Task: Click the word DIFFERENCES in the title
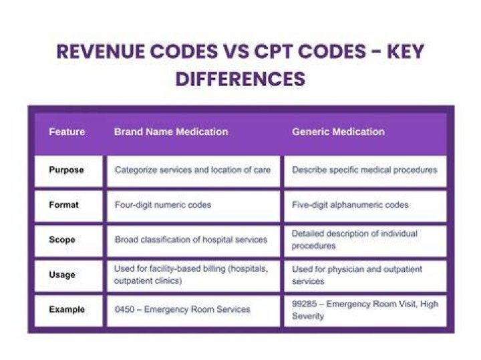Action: [240, 79]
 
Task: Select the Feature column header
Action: [67, 132]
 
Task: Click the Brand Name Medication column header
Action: [171, 132]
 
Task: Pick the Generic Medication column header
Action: [338, 132]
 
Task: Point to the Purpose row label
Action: [66, 170]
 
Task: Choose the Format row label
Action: [64, 204]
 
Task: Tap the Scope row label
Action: [62, 240]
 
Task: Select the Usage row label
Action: [62, 275]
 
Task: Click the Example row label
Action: [67, 309]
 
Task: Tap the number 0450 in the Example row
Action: [124, 309]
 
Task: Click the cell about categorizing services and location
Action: [192, 170]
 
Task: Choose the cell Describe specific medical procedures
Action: [365, 170]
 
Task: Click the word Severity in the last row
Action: [308, 316]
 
